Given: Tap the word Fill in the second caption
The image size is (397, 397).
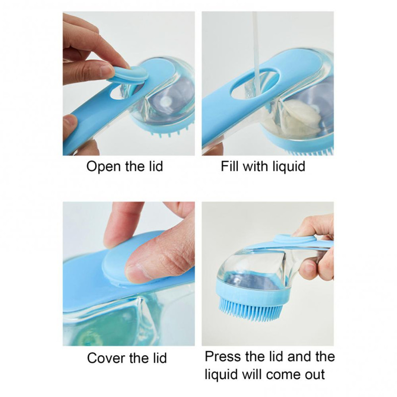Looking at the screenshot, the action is (230, 166).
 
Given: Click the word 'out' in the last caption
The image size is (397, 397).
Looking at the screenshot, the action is (314, 375).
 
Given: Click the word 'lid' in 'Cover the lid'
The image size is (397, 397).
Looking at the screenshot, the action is (158, 358).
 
